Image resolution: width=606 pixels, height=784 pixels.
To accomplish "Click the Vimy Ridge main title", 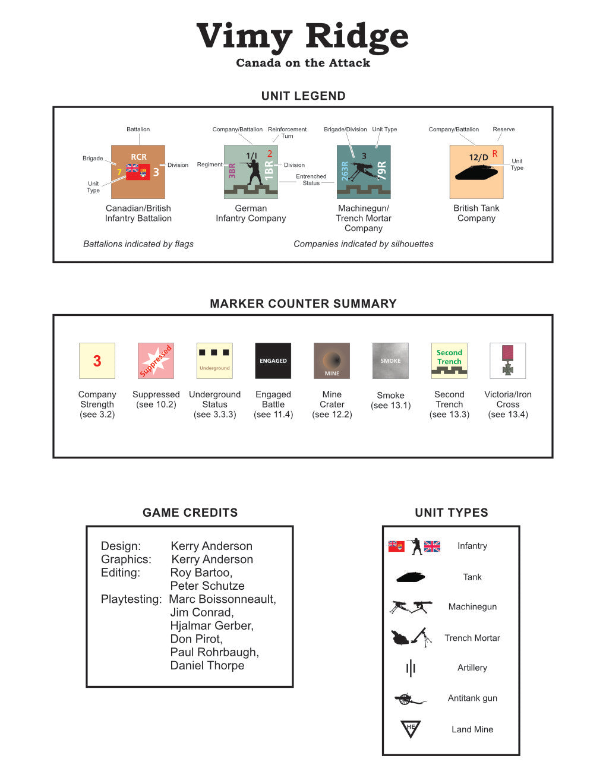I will pyautogui.click(x=302, y=37).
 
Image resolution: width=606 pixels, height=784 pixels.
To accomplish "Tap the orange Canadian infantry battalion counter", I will pyautogui.click(x=138, y=172).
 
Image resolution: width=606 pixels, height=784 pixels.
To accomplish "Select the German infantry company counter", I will pyautogui.click(x=251, y=172).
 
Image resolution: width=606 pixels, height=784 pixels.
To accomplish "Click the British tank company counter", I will pyautogui.click(x=476, y=172).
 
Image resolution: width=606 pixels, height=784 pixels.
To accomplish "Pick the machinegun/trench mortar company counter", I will pyautogui.click(x=364, y=172).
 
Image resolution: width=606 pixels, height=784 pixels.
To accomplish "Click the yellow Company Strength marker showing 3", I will pyautogui.click(x=97, y=361).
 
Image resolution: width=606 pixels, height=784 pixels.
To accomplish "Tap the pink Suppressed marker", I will pyautogui.click(x=156, y=361).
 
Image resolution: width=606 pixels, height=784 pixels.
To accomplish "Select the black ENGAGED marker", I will pyautogui.click(x=273, y=361).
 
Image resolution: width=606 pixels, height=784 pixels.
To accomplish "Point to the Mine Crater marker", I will pyautogui.click(x=332, y=361).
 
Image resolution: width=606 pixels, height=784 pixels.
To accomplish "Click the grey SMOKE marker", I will pyautogui.click(x=390, y=361).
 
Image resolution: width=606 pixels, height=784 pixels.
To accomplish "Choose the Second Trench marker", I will pyautogui.click(x=449, y=361).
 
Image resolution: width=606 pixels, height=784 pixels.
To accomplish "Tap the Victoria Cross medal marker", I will pyautogui.click(x=507, y=361).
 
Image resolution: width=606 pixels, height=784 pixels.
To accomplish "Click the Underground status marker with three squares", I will pyautogui.click(x=214, y=361).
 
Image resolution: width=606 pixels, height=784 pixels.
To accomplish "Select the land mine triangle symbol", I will pyautogui.click(x=411, y=728).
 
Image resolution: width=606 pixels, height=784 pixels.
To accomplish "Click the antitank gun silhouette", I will pyautogui.click(x=409, y=698).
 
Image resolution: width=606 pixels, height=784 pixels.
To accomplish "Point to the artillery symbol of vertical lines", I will pyautogui.click(x=411, y=668).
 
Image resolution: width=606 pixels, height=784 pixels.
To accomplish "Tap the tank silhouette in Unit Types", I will pyautogui.click(x=411, y=577).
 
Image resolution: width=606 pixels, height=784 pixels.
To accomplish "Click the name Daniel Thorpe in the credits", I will pyautogui.click(x=207, y=665).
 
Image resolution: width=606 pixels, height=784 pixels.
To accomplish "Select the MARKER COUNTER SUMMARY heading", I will pyautogui.click(x=303, y=304).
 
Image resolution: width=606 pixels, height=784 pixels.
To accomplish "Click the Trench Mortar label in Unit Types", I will pyautogui.click(x=472, y=638).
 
